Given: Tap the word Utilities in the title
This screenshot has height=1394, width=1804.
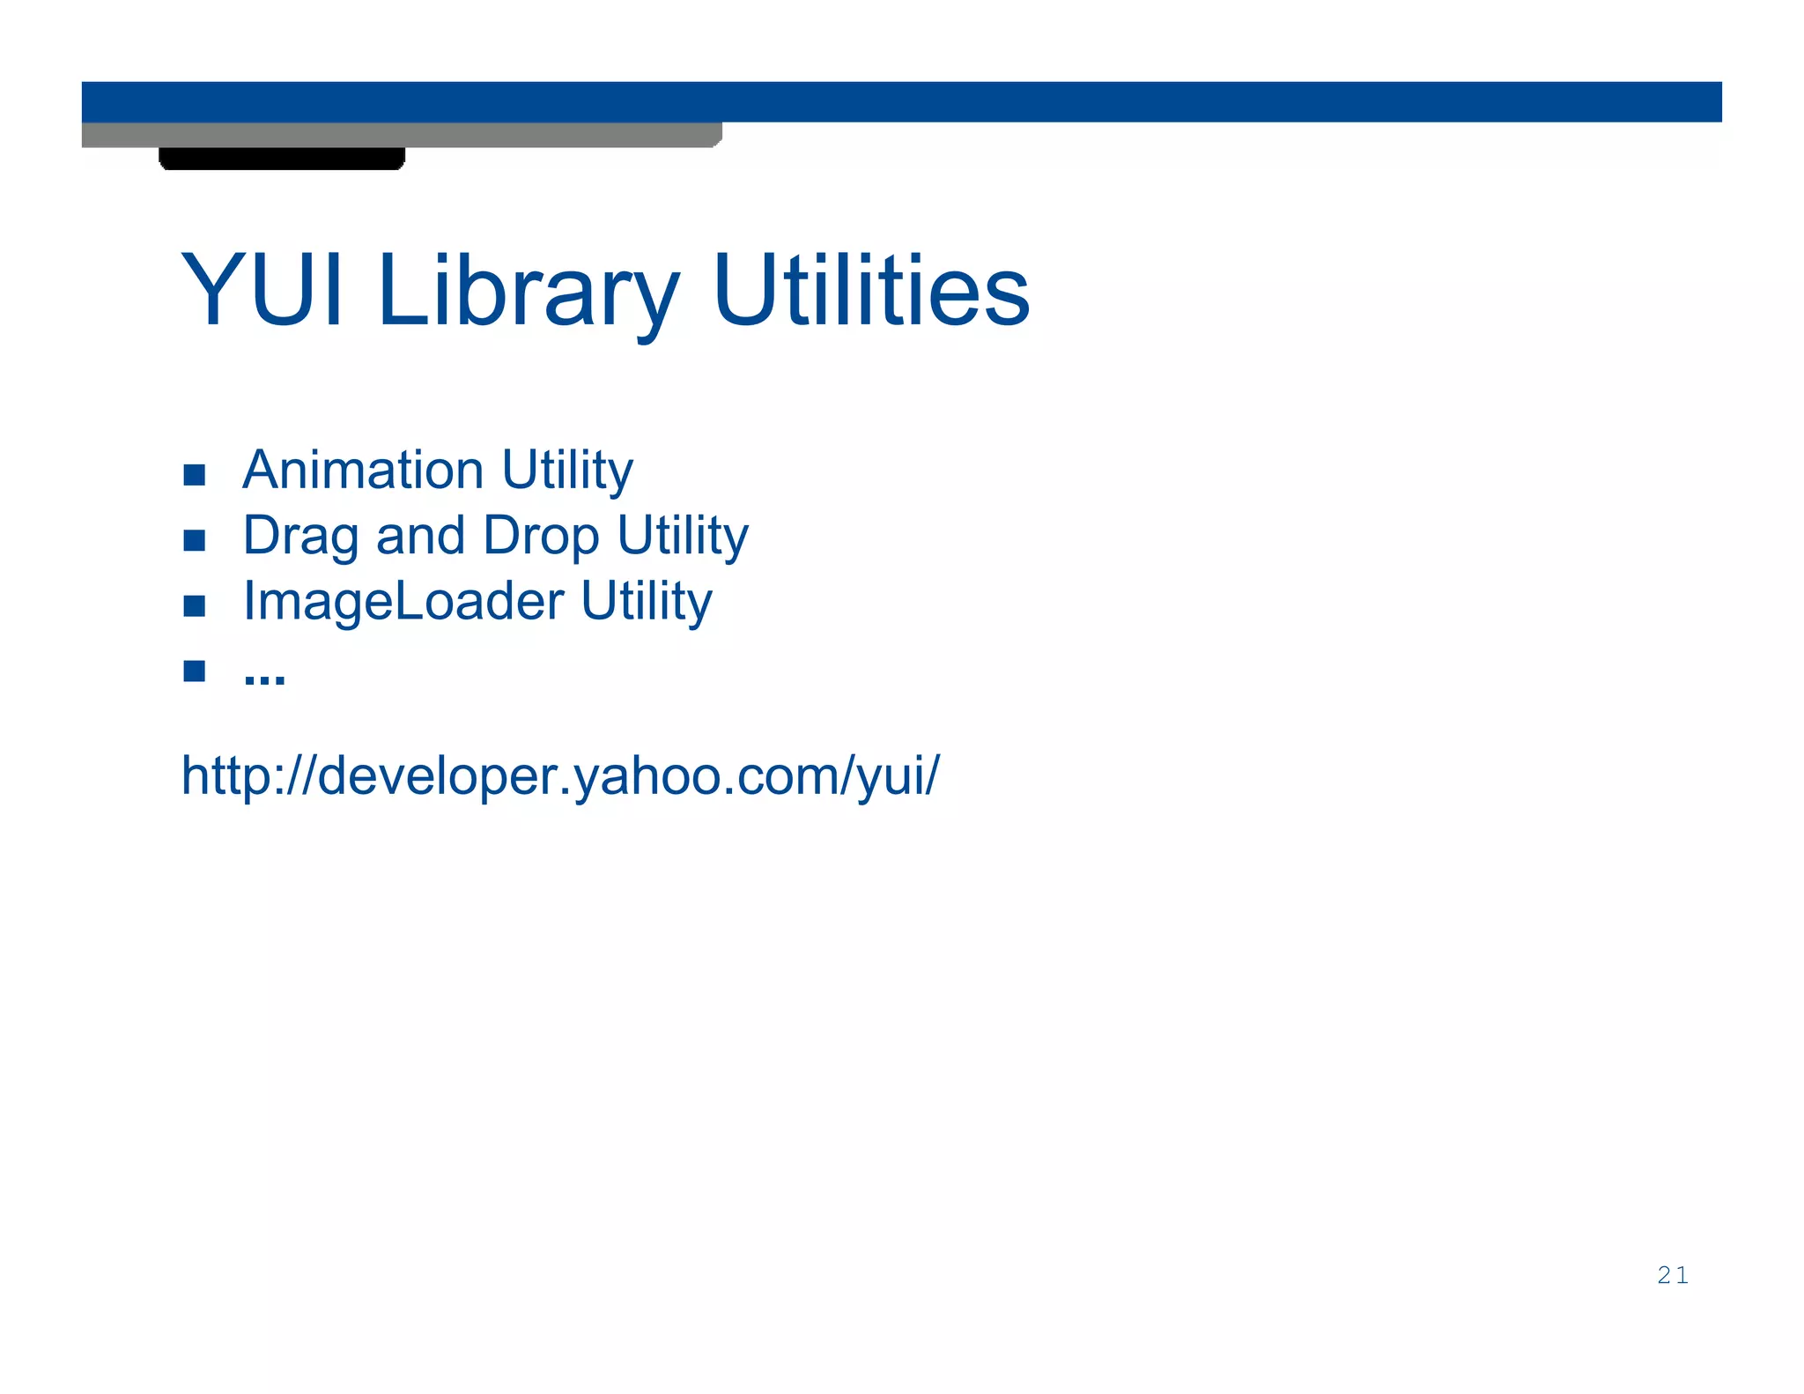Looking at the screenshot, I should coord(871,290).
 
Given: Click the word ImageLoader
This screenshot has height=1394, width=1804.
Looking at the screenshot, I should coord(403,602).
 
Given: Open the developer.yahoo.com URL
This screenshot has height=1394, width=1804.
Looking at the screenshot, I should coord(560,776).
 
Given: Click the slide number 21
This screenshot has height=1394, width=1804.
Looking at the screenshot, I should coord(1672,1275).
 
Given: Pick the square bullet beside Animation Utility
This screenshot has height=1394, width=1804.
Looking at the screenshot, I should coord(195,476).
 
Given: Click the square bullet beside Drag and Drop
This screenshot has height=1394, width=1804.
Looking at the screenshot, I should coord(195,540).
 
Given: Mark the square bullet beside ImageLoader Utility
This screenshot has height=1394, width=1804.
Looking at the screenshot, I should coord(195,606).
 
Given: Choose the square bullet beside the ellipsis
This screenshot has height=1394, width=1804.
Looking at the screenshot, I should coord(195,671).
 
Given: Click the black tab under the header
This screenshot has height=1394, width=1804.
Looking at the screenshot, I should coord(282,159).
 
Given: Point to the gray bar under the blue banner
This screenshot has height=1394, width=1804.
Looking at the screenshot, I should coord(402,135).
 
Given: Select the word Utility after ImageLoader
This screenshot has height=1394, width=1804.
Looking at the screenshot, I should coord(647,602).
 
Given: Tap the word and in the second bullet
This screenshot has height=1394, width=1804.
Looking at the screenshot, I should coord(420,536).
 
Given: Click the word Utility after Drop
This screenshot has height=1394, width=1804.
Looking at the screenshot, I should coord(683,537).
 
